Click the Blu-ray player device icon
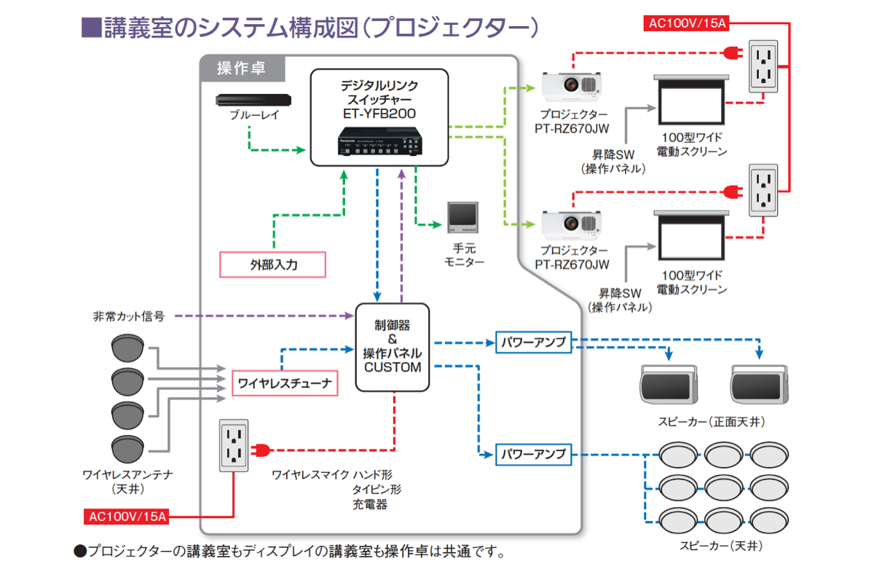pyautogui.click(x=253, y=100)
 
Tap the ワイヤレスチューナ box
pyautogui.click(x=285, y=382)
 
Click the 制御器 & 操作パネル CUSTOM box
pyautogui.click(x=393, y=348)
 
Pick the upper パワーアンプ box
pyautogui.click(x=533, y=342)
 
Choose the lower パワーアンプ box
pyautogui.click(x=533, y=453)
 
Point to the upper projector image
pyautogui.click(x=571, y=88)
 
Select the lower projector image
pyautogui.click(x=571, y=223)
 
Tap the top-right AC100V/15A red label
pyautogui.click(x=687, y=23)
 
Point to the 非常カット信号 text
pyautogui.click(x=128, y=317)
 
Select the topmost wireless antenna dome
pyautogui.click(x=129, y=348)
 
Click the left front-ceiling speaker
pyautogui.click(x=669, y=381)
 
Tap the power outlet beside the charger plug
pyautogui.click(x=234, y=445)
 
